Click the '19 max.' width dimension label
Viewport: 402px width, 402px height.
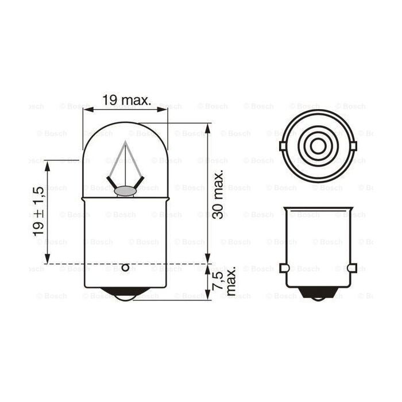point(126,100)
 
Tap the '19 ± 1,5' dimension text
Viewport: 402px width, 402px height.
point(38,212)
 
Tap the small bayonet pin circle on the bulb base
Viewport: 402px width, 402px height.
point(125,268)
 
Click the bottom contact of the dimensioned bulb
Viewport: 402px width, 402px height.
point(125,295)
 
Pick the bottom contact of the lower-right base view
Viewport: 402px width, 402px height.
point(318,294)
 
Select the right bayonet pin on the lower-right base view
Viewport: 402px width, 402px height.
point(353,268)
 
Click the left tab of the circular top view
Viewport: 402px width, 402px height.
point(283,146)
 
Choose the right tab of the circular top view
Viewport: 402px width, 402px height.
point(353,146)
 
